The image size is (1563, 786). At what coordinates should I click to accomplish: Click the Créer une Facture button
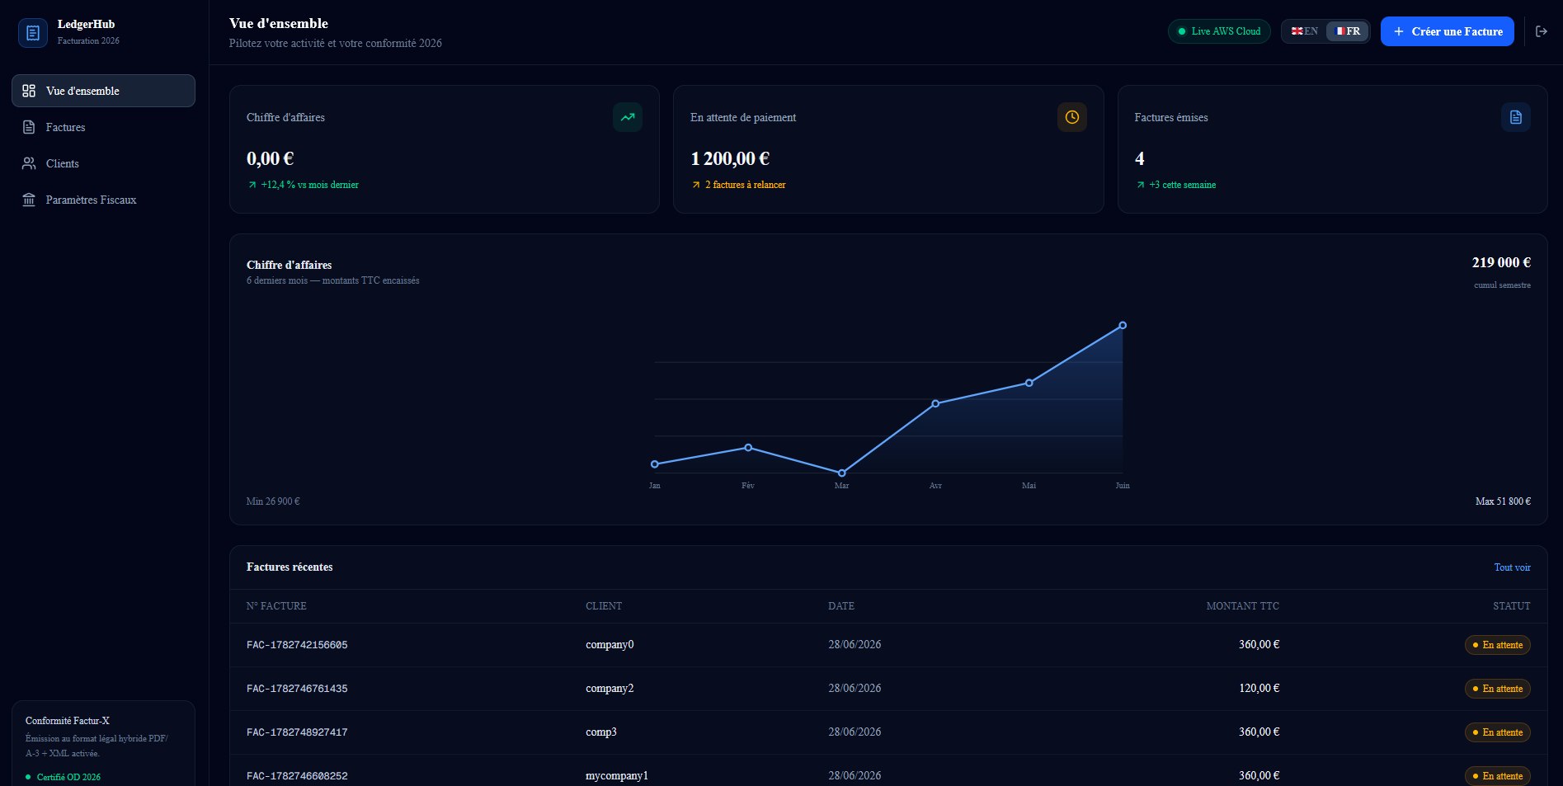pyautogui.click(x=1447, y=31)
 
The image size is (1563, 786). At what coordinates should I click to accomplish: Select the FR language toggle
pyautogui.click(x=1348, y=31)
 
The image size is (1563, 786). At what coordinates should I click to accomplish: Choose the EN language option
pyautogui.click(x=1305, y=31)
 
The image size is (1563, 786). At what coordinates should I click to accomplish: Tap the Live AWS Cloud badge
pyautogui.click(x=1219, y=31)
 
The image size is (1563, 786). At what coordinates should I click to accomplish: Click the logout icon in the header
pyautogui.click(x=1542, y=31)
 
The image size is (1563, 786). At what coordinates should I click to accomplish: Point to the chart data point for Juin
pyautogui.click(x=1123, y=326)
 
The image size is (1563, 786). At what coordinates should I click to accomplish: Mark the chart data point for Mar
pyautogui.click(x=841, y=473)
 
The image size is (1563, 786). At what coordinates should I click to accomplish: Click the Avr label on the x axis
pyautogui.click(x=935, y=486)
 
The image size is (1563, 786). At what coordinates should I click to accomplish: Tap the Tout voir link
pyautogui.click(x=1512, y=567)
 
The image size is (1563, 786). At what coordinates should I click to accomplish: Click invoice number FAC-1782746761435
pyautogui.click(x=297, y=689)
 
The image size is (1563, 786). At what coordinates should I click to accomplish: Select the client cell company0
pyautogui.click(x=610, y=645)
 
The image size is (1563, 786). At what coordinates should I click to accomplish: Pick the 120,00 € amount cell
pyautogui.click(x=1259, y=689)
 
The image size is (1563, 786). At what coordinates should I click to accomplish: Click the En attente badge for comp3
pyautogui.click(x=1497, y=732)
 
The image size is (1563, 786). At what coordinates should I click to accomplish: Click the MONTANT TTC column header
pyautogui.click(x=1242, y=606)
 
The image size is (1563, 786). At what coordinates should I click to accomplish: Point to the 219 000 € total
pyautogui.click(x=1501, y=262)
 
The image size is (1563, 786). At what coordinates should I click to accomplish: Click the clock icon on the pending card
pyautogui.click(x=1071, y=117)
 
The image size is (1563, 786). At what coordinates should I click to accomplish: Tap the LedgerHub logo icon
pyautogui.click(x=33, y=33)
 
